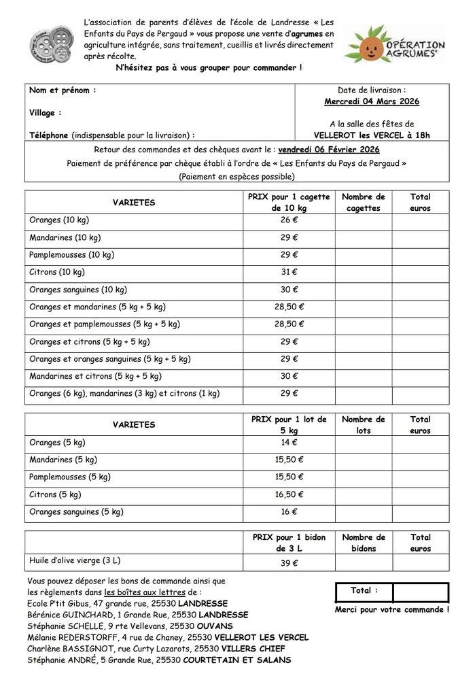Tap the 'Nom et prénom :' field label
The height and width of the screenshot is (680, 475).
point(63,90)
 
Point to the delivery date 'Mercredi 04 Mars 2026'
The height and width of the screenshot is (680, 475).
point(371,101)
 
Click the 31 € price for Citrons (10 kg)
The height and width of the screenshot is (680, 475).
point(289,272)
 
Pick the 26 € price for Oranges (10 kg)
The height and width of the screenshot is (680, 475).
point(289,220)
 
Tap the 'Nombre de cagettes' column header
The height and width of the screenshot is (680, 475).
point(363,203)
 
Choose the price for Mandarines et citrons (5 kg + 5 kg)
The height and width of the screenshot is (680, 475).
point(289,376)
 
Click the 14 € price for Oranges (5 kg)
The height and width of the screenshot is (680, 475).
point(289,442)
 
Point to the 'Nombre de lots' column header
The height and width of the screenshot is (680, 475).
point(363,425)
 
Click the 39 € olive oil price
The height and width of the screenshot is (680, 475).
point(289,563)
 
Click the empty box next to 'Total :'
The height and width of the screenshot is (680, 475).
point(420,592)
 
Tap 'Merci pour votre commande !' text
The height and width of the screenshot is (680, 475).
point(391,610)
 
